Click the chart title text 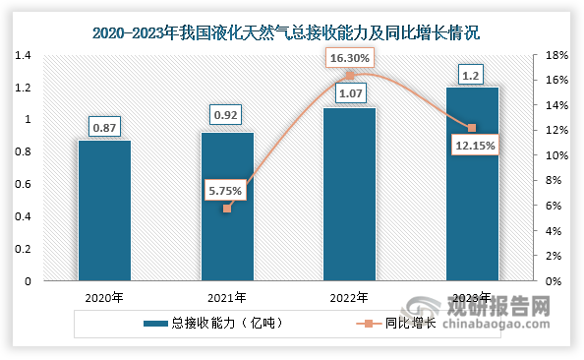pos(292,32)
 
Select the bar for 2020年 pos(104,210)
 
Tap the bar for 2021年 pos(227,207)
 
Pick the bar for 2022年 pos(350,194)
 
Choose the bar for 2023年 pos(472,184)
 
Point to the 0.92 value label pos(227,117)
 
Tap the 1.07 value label pos(350,94)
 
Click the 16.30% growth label pos(350,58)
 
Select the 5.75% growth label pos(227,190)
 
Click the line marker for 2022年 pos(350,76)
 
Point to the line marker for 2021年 pos(227,209)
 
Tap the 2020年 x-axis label pos(104,297)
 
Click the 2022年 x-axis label pos(350,297)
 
